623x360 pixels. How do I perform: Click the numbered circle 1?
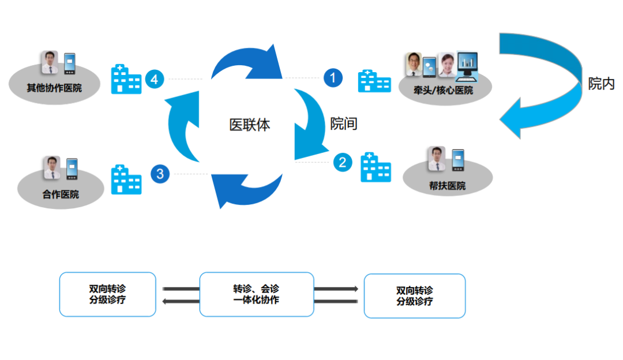point(333,78)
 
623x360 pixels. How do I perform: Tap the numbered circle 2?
point(342,163)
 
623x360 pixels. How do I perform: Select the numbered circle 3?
point(160,174)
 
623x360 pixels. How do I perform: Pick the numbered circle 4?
point(154,79)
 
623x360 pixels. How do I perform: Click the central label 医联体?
point(249,125)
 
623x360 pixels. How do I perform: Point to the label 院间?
point(344,123)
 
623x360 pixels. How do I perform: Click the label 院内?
point(601,84)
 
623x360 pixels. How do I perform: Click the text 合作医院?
point(61,194)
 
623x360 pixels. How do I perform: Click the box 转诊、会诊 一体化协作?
point(256,295)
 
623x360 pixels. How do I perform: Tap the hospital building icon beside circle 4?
point(126,79)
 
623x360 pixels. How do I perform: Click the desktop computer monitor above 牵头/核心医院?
point(467,65)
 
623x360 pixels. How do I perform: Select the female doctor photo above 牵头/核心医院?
point(446,65)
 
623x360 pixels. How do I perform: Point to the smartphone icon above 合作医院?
point(72,169)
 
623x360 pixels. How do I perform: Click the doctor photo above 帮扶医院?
point(437,159)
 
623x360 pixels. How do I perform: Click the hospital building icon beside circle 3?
point(126,179)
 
